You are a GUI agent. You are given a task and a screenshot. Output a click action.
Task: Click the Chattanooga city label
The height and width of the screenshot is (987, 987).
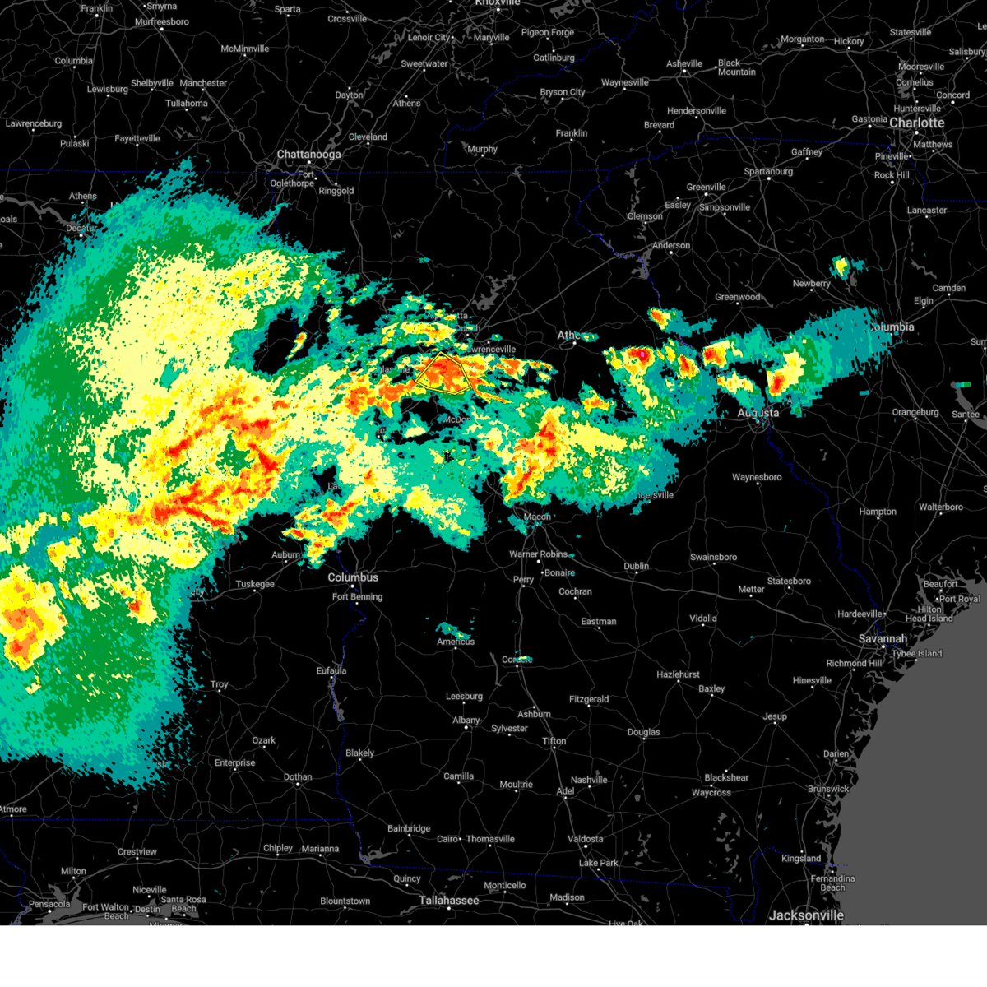coord(308,155)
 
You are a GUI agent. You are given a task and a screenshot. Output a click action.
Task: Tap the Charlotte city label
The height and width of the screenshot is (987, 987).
coord(916,123)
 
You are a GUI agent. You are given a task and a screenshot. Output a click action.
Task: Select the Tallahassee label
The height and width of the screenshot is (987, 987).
coord(448,901)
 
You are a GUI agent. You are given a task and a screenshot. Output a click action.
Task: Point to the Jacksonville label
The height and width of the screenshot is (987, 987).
coord(806,915)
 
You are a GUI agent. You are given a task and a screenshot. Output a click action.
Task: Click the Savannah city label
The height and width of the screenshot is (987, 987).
coord(883,638)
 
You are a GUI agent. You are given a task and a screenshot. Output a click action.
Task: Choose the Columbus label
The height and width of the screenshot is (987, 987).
coord(353,577)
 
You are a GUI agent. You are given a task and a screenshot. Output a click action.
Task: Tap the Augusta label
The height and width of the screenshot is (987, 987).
coord(758,413)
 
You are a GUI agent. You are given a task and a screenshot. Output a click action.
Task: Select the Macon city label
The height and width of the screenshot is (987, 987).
coord(537,517)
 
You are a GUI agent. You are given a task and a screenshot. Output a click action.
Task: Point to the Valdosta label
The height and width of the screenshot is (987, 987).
coord(585,839)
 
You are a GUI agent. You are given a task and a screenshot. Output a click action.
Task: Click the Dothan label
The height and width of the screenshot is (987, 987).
coord(298,776)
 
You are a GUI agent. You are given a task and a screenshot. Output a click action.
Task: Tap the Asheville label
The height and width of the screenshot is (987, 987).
coord(684,63)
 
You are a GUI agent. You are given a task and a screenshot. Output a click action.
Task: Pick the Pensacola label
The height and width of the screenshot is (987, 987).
coord(49,904)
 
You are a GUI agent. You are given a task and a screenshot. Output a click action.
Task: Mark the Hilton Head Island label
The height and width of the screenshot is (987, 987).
coord(929,614)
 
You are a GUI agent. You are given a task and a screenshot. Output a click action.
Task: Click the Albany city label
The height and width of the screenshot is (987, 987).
coord(466,721)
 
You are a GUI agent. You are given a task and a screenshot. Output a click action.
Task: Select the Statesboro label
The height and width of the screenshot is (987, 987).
coord(789,581)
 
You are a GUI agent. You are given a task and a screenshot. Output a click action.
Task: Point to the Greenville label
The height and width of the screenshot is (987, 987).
coord(706,187)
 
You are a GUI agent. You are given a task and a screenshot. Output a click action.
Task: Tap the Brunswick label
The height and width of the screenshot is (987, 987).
coord(828,789)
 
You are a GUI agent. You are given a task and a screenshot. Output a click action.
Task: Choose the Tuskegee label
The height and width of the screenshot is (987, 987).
coord(255,584)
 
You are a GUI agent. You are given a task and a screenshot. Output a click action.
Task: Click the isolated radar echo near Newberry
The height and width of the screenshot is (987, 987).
coord(841,266)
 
